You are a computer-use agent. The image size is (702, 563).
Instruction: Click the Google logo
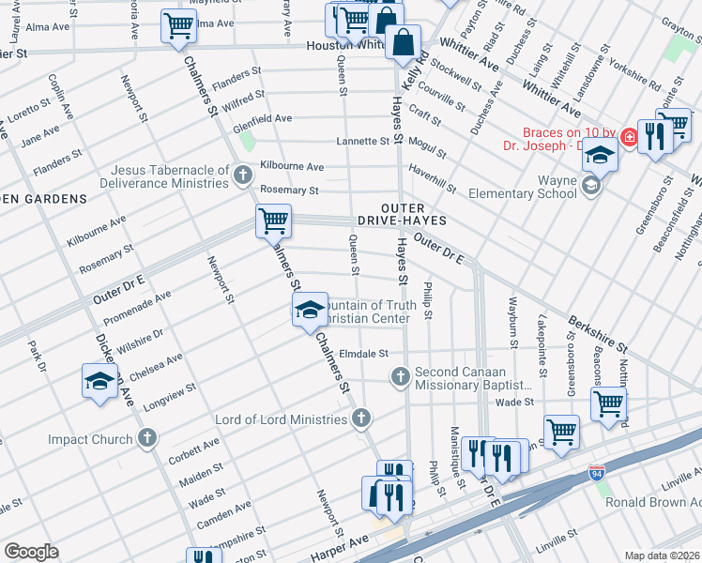click(x=31, y=552)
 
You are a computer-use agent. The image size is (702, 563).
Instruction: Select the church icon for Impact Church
click(x=146, y=438)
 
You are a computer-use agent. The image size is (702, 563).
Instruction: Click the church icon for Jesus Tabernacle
click(x=242, y=175)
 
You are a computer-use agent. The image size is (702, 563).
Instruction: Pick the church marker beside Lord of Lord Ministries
click(x=360, y=418)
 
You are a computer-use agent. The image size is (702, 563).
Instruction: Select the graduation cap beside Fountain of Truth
click(x=309, y=311)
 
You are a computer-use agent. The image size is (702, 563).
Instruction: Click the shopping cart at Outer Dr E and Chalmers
click(x=272, y=221)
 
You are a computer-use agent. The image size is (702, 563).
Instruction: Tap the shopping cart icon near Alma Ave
click(x=176, y=25)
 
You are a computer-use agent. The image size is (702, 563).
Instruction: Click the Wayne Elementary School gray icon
click(x=590, y=186)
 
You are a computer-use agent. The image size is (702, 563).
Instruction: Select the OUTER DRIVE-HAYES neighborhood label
click(x=400, y=213)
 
